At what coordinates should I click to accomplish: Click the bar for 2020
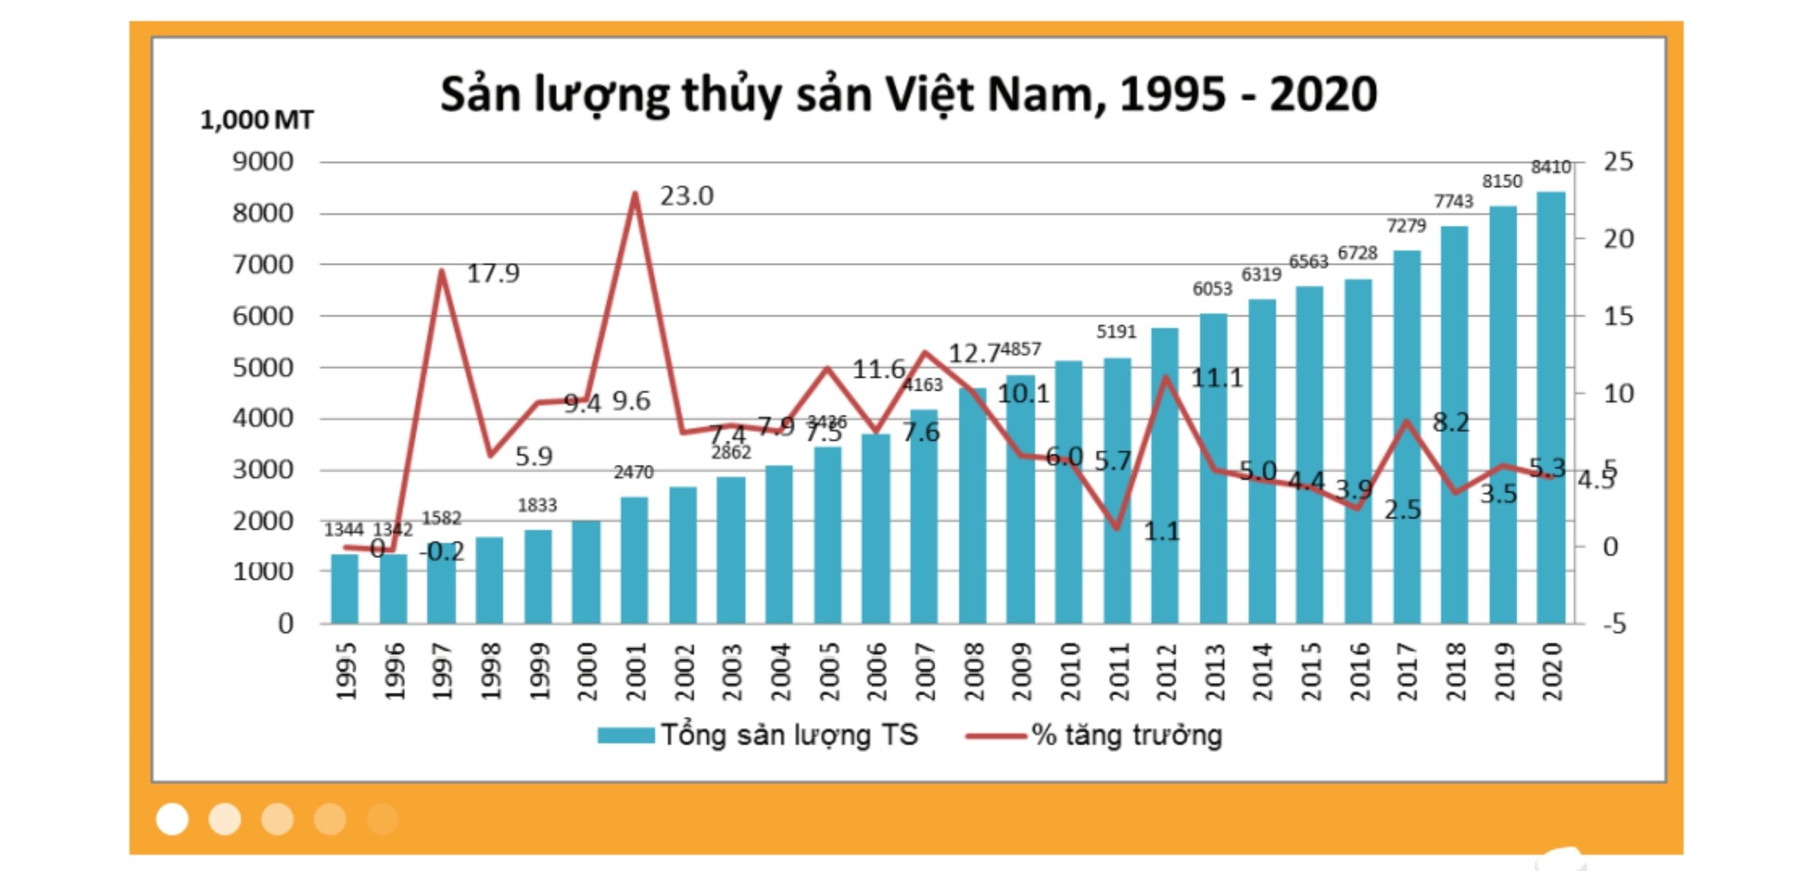[x=1550, y=408]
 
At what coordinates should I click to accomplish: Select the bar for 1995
[x=344, y=589]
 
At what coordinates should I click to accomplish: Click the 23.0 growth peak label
[x=687, y=196]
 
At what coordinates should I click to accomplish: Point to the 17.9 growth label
[x=493, y=273]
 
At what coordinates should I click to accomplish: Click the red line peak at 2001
[x=635, y=194]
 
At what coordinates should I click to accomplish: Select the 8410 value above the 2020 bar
[x=1550, y=167]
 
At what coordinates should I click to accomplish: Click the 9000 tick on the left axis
[x=262, y=162]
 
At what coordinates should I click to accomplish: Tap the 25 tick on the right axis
[x=1617, y=162]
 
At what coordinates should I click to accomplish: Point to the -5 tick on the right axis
[x=1614, y=623]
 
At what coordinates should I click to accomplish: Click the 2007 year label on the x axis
[x=924, y=672]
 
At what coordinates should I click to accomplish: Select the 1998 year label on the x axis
[x=490, y=672]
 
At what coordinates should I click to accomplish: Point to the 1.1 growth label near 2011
[x=1161, y=531]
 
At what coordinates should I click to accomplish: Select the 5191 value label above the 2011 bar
[x=1115, y=332]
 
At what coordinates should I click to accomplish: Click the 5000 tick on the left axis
[x=262, y=368]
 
